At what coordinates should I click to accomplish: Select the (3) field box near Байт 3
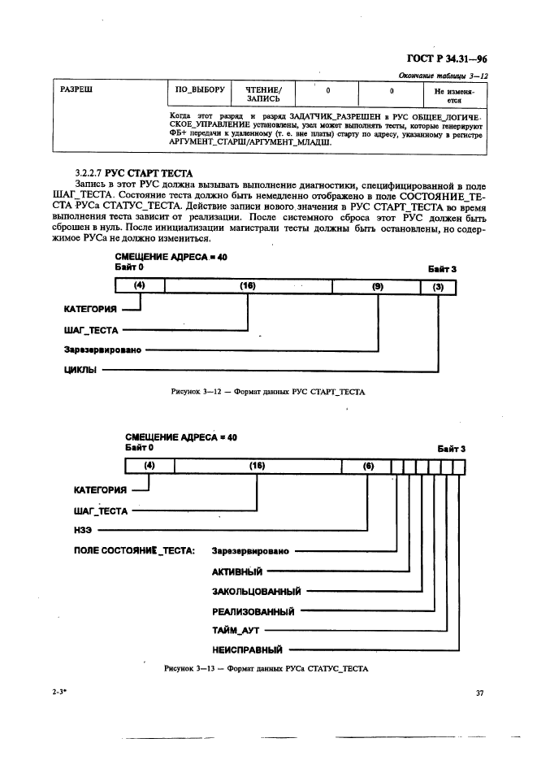[x=439, y=286]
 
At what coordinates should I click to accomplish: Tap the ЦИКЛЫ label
[x=80, y=370]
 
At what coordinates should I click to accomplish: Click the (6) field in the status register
[x=368, y=467]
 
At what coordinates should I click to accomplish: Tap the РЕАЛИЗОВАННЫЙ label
[x=253, y=610]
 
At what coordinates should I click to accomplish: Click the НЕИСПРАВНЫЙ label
[x=247, y=649]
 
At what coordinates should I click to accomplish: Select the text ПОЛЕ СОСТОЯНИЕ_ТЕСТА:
[x=134, y=551]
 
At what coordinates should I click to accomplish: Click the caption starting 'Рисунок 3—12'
[x=268, y=392]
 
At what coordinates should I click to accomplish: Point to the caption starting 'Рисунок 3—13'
[x=266, y=669]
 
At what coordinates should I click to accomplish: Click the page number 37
[x=479, y=693]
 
